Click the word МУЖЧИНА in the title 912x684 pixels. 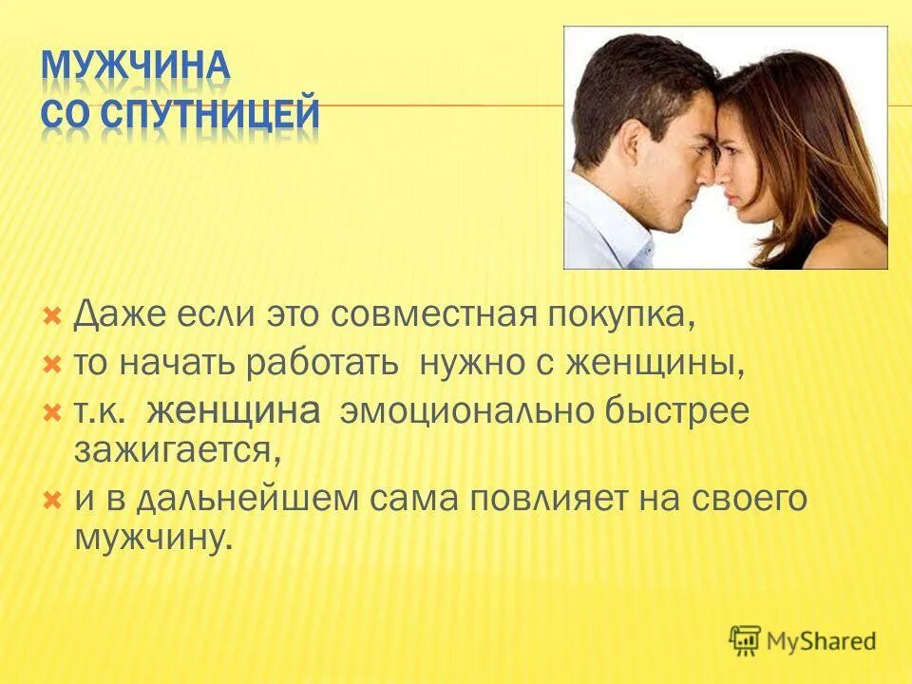click(x=136, y=69)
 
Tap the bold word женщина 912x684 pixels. click(x=235, y=412)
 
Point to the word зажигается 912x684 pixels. click(x=177, y=449)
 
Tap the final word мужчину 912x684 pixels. click(x=152, y=537)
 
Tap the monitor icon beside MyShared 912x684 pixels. click(x=746, y=639)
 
